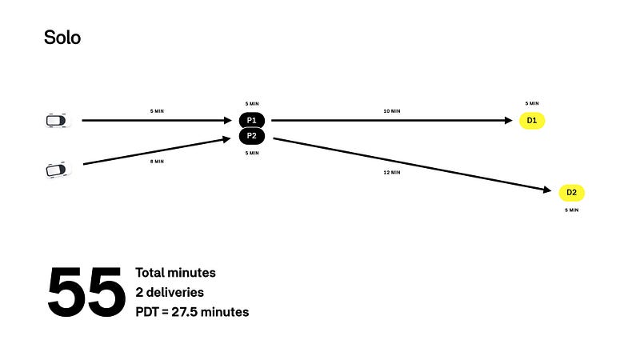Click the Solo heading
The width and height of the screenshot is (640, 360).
click(62, 37)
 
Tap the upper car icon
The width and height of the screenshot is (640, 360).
click(55, 120)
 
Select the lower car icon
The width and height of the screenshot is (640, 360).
click(56, 170)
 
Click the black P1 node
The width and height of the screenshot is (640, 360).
click(251, 120)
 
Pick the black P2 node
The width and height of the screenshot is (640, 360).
click(251, 136)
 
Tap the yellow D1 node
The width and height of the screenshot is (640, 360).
click(531, 120)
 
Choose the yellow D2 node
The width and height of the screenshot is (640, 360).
click(571, 192)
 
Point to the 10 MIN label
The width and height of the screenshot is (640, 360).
click(391, 110)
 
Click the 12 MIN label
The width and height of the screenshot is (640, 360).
click(391, 172)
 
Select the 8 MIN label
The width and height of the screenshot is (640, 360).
click(157, 161)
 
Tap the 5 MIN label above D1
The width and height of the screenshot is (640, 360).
click(531, 103)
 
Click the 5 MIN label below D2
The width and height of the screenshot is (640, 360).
click(571, 210)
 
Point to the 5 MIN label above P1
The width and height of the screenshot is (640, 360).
click(251, 103)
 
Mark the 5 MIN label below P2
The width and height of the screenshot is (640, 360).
click(251, 153)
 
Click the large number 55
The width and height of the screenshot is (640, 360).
click(86, 293)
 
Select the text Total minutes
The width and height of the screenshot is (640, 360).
click(175, 273)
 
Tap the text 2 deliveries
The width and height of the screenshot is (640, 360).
click(170, 292)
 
